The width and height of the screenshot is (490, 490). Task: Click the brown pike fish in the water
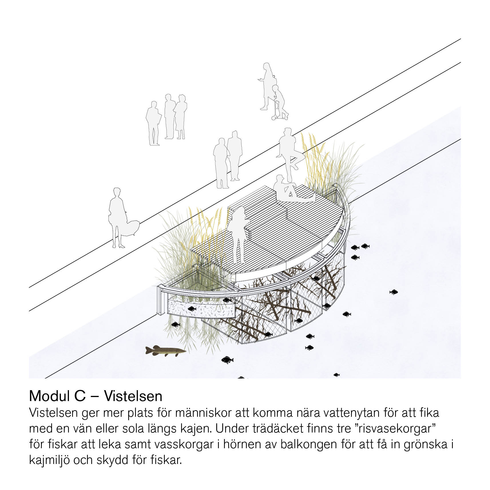click(x=166, y=351)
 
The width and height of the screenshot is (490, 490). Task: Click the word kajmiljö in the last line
click(x=49, y=461)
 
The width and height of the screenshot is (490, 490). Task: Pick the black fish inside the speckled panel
click(x=192, y=309)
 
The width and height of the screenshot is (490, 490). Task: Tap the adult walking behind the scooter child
click(x=267, y=86)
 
